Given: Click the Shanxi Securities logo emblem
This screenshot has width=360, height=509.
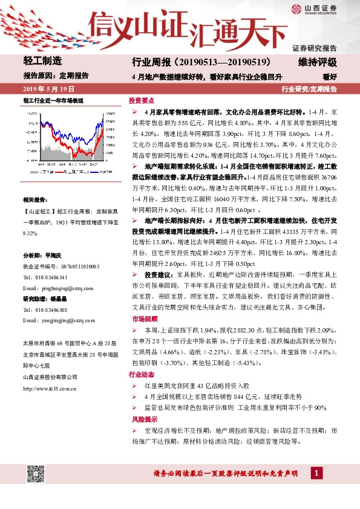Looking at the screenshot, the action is pos(296,8).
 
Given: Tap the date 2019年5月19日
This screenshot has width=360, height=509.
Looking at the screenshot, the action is pos(43,89).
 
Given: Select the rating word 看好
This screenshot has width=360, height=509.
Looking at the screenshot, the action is pos(330,77).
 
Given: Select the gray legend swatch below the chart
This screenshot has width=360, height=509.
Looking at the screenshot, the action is pos(33,172).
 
